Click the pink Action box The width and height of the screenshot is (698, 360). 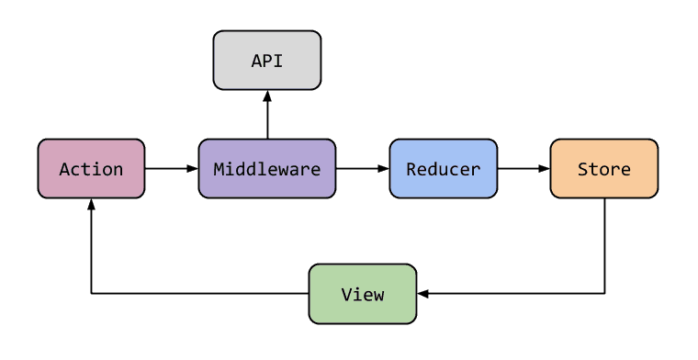point(91,169)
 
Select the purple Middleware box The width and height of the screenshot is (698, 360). point(267,169)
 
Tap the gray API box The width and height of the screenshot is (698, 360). point(267,61)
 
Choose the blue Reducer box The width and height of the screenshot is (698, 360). point(443,169)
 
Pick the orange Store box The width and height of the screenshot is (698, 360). point(603,169)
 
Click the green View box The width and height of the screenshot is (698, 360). point(362,294)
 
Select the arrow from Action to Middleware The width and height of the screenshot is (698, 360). point(172,169)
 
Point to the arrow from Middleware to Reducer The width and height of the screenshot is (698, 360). point(362,169)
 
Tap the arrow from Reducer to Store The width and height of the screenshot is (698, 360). point(523,169)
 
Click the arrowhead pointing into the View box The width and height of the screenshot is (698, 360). point(422,294)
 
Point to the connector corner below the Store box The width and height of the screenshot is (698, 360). point(603,294)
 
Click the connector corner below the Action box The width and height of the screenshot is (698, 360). point(91,294)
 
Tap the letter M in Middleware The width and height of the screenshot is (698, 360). point(220,169)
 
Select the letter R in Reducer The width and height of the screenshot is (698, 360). point(411,169)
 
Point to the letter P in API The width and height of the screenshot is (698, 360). point(267,62)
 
